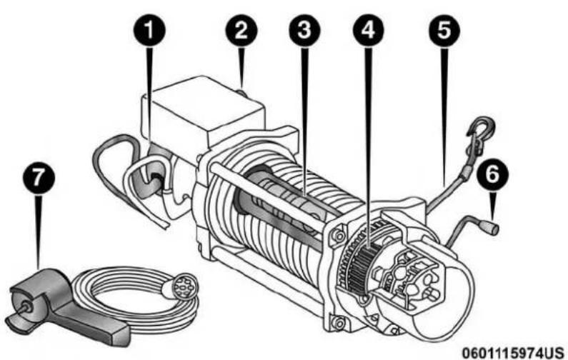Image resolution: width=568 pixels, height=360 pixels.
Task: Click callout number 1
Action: pos(149,31)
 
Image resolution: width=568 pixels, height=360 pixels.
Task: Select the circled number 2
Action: pos(241,31)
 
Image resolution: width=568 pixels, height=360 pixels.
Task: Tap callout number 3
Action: pos(304,31)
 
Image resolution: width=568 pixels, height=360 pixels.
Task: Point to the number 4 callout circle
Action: pos(369,31)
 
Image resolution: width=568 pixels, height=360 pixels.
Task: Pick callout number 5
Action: pos(444,31)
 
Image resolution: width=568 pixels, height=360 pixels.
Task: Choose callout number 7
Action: pos(39,178)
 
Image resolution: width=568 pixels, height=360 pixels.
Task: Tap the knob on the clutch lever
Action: pos(492,228)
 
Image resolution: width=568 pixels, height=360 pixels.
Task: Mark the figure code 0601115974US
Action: pos(513,352)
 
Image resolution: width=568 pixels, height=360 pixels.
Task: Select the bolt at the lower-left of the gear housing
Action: pos(339,322)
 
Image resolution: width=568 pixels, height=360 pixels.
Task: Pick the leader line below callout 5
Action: pos(445,116)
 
